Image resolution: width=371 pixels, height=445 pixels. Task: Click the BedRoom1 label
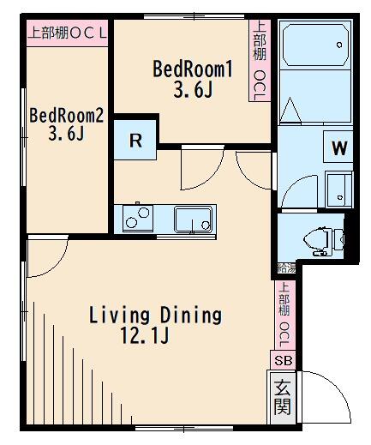click(192, 68)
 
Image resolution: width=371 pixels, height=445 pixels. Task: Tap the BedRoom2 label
click(66, 115)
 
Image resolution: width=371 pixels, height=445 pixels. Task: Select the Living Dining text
click(155, 315)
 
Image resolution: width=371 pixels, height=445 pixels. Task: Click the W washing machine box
click(339, 147)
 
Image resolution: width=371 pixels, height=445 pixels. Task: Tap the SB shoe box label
click(282, 360)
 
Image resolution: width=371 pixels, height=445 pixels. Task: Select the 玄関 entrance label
click(282, 395)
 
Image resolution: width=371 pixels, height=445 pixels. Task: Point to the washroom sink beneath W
click(338, 187)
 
